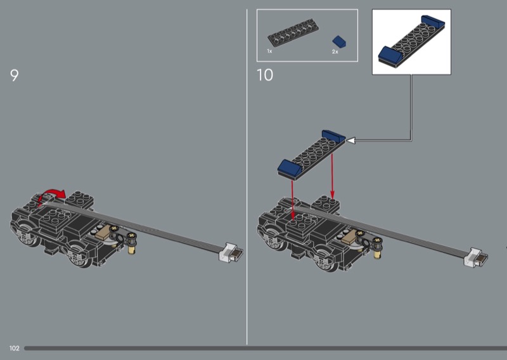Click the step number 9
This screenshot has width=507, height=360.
point(14,75)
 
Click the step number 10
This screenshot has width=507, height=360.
point(265,75)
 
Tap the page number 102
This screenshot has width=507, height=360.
point(14,348)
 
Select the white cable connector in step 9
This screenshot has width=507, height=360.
point(231,252)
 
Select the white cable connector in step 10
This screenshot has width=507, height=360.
point(476,257)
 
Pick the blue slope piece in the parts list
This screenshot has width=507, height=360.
point(340,41)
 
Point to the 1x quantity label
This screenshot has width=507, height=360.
point(270,51)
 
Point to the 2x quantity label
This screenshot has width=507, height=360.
point(335,52)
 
